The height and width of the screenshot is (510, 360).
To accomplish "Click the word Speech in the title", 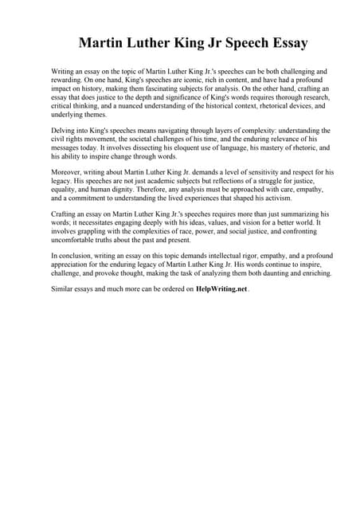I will click(x=237, y=43).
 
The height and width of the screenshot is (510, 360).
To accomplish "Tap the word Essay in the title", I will click(x=288, y=43).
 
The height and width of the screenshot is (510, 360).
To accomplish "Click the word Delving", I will click(x=65, y=129).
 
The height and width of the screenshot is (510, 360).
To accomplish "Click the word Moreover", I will click(x=70, y=171).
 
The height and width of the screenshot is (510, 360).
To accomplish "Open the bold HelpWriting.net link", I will click(x=221, y=290).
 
